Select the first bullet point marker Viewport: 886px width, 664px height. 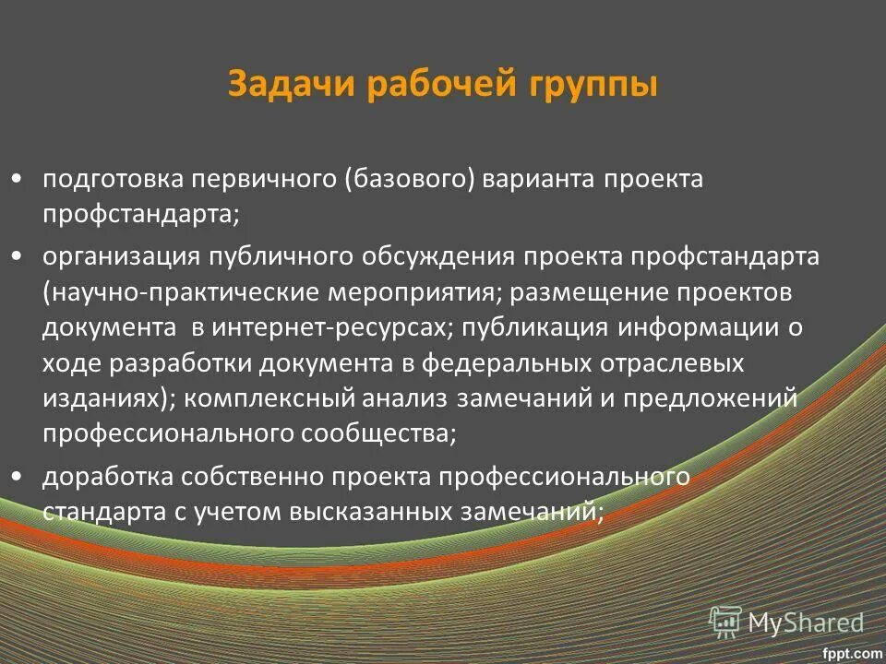[18, 179]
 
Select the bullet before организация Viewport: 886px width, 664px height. [18, 255]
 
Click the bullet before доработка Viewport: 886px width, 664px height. [18, 476]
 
